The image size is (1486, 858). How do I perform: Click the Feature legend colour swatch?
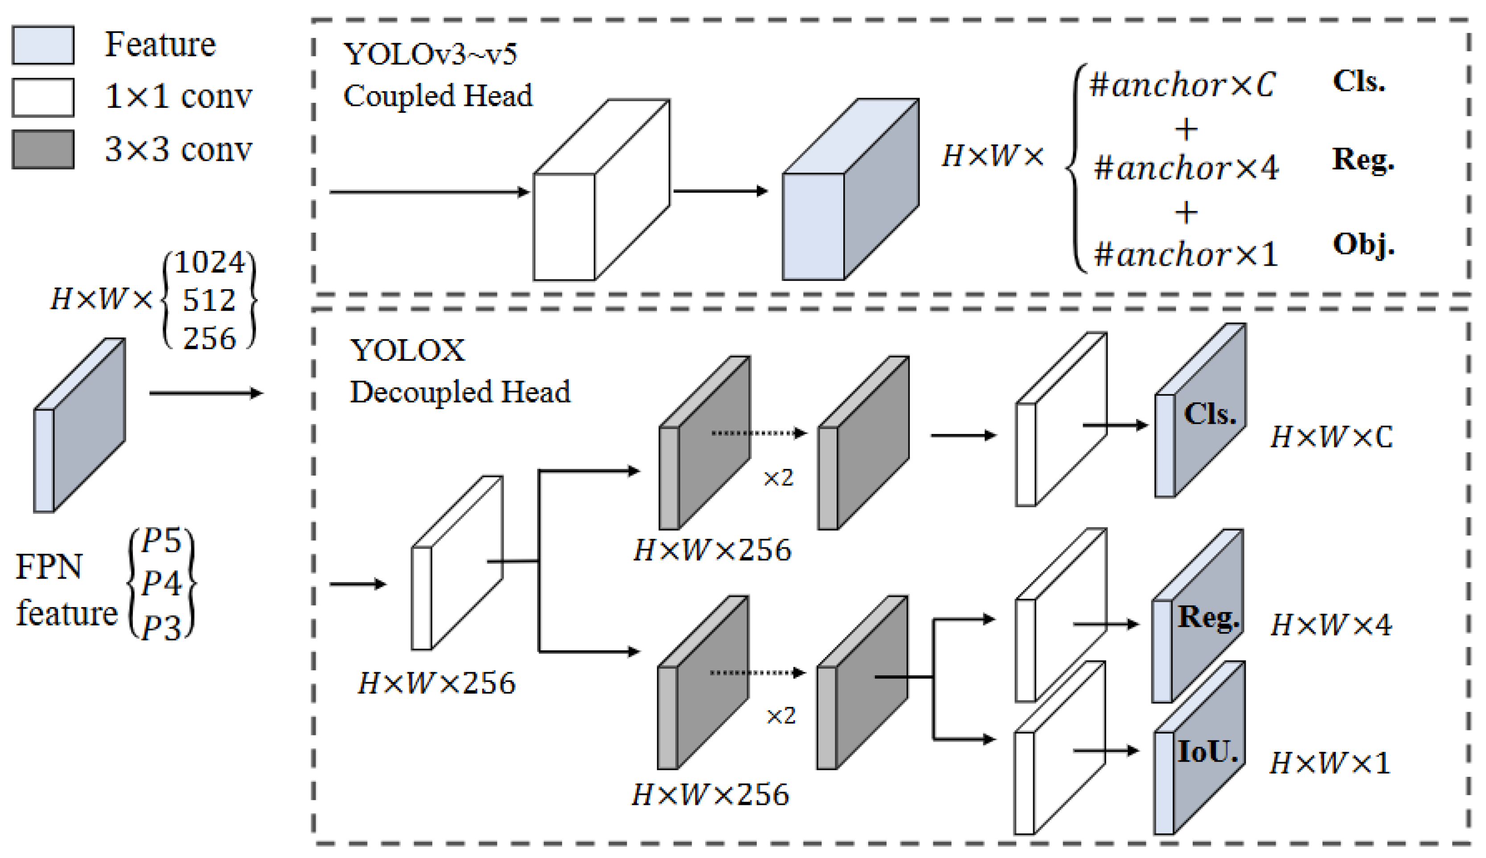click(x=43, y=45)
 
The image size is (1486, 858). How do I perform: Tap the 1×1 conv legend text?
click(x=178, y=96)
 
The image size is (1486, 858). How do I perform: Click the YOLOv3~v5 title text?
click(x=430, y=54)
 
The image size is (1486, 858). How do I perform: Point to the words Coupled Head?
click(x=438, y=95)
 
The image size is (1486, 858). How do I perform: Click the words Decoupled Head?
click(x=460, y=392)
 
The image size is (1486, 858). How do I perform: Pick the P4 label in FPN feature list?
click(x=161, y=583)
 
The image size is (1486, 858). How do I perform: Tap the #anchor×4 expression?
click(x=1186, y=168)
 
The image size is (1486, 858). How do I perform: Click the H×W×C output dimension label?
click(x=1330, y=437)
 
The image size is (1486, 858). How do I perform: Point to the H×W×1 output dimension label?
click(x=1329, y=763)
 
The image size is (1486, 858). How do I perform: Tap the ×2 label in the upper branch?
click(x=778, y=477)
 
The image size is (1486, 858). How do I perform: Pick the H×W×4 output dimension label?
click(x=1330, y=624)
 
